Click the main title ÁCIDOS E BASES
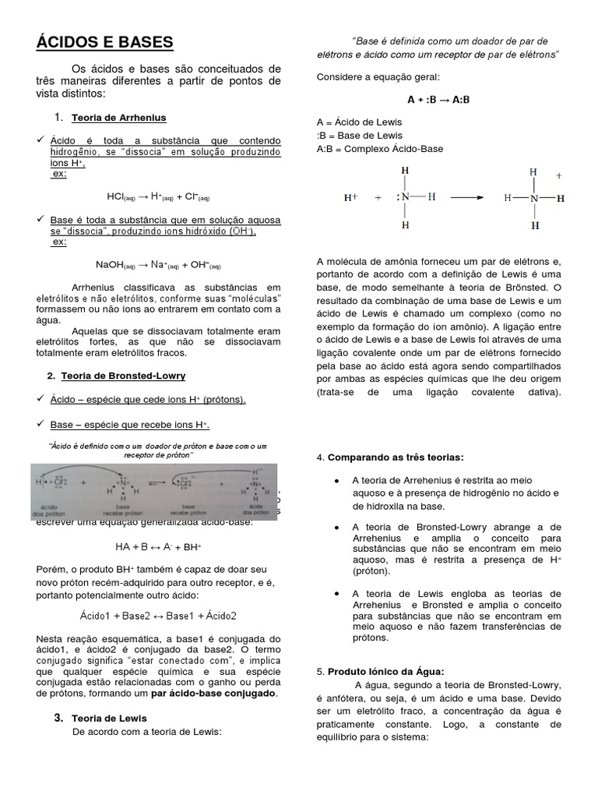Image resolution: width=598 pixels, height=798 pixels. (104, 42)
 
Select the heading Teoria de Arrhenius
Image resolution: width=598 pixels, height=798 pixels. (118, 118)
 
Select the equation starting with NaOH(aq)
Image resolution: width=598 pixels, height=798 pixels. (158, 264)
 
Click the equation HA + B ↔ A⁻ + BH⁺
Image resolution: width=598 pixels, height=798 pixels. (159, 547)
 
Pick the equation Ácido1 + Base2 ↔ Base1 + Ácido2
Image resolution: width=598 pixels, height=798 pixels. (158, 615)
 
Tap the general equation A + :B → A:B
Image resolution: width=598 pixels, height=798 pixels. (438, 100)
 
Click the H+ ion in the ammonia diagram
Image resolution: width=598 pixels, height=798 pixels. (350, 198)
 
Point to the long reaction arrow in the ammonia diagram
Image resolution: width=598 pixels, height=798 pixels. (467, 198)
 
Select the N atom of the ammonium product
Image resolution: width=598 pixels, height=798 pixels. (533, 198)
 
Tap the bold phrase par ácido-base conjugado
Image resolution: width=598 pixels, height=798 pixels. (213, 693)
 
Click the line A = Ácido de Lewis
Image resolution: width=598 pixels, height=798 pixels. (359, 122)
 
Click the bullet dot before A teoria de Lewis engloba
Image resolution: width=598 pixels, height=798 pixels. (336, 594)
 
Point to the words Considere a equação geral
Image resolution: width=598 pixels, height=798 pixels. (378, 76)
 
